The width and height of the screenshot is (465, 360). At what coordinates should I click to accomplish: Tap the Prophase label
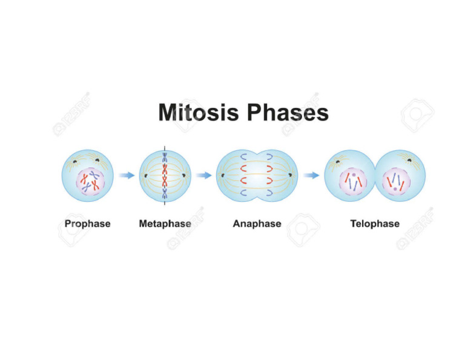coord(88,224)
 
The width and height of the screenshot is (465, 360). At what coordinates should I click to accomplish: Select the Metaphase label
coord(165,224)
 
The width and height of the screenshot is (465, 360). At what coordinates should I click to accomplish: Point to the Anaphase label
coord(257,224)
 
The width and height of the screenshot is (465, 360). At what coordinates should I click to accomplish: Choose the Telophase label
coord(375,224)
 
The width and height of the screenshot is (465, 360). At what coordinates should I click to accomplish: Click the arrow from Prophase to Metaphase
coord(127,176)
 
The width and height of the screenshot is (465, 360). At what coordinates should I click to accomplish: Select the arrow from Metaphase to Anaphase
coord(204,176)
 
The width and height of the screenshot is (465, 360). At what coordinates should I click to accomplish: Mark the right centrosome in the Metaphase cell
coord(184,176)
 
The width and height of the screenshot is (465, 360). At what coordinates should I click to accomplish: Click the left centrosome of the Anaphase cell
coord(222,176)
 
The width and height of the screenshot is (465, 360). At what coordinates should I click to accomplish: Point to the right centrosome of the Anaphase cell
coord(291,176)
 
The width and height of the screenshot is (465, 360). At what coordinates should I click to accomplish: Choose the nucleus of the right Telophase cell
coord(397,181)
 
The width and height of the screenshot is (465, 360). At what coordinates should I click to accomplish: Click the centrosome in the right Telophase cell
coord(409,161)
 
